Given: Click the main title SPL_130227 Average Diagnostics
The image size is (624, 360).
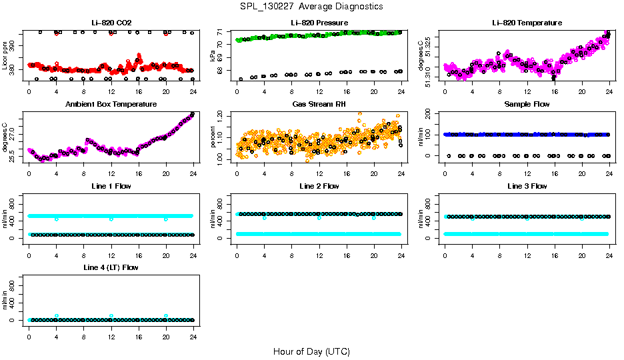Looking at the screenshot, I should coord(312,6).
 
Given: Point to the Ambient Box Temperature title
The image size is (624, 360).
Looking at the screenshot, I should coord(111,104).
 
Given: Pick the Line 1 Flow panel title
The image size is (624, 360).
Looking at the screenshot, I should coord(111,186).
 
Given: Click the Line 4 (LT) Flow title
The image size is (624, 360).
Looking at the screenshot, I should coord(111,267).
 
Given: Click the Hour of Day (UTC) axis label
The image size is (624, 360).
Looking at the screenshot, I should coord(311,351).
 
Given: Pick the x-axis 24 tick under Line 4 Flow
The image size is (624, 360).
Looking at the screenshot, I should coord(193,331).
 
